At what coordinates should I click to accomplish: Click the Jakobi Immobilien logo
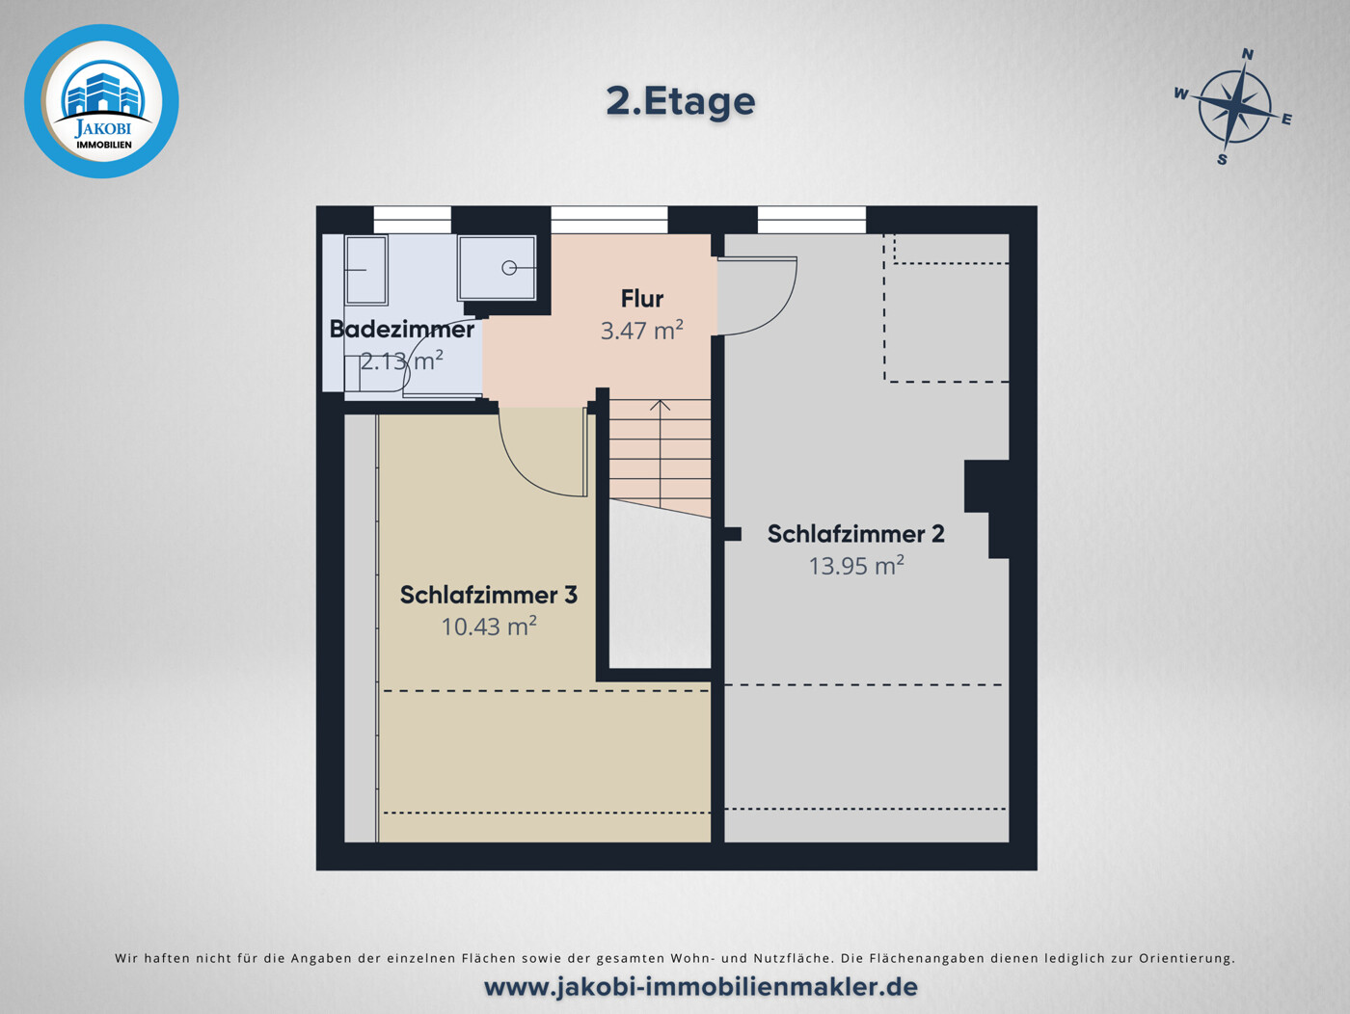click(101, 101)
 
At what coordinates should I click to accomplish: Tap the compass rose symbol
click(1233, 109)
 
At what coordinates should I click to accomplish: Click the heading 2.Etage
click(680, 102)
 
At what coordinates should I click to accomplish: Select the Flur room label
click(641, 299)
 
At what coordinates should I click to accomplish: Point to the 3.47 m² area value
click(641, 330)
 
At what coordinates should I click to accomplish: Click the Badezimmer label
click(401, 330)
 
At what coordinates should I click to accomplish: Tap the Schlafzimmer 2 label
click(855, 534)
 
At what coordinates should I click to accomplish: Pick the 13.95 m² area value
click(855, 566)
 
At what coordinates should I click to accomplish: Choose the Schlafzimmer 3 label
click(488, 595)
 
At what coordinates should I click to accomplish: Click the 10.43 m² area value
click(488, 627)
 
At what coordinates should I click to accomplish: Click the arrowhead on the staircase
click(660, 405)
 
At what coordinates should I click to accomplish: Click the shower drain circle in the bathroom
click(508, 268)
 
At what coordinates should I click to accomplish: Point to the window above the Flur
click(608, 220)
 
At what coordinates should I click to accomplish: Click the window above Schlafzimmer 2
click(812, 220)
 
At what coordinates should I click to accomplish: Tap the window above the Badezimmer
click(412, 220)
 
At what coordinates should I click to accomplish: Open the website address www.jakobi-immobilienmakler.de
click(700, 987)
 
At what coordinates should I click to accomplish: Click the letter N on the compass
click(1247, 54)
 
